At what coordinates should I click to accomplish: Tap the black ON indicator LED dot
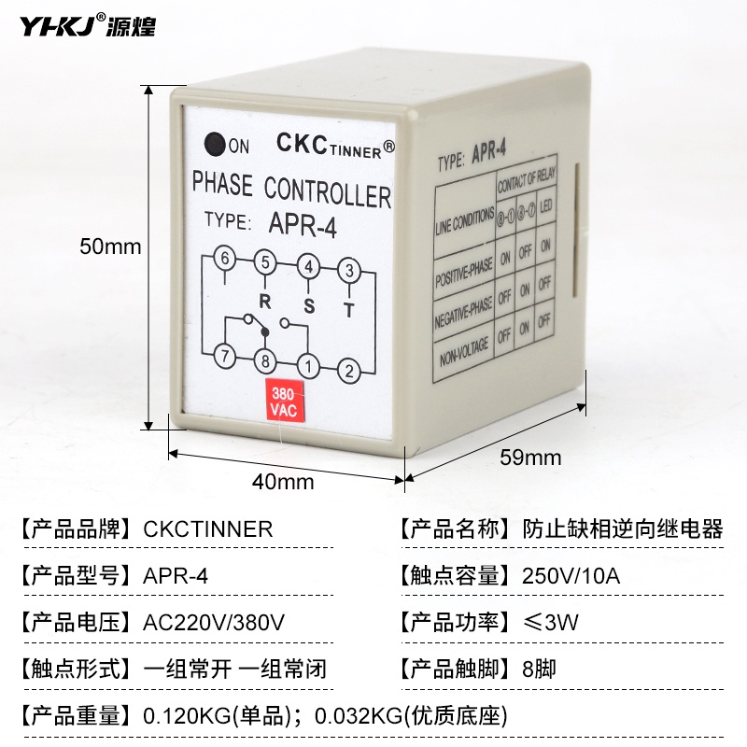coord(216,144)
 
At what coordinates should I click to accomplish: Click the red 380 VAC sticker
coord(282,401)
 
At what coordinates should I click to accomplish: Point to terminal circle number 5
coord(265,262)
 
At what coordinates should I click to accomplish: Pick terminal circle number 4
coord(307,266)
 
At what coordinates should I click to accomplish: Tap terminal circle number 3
coord(348,271)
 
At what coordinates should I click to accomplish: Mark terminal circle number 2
coord(348,371)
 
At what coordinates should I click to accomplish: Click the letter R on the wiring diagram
coord(265,302)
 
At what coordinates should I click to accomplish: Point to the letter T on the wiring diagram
coord(348,311)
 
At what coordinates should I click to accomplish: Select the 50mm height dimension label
coord(110,247)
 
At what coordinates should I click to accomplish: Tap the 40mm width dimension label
coord(283,482)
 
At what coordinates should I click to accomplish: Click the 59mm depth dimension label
coord(530,457)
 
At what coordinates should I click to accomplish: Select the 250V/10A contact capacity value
coord(567,575)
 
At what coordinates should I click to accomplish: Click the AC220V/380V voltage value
coord(214,622)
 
